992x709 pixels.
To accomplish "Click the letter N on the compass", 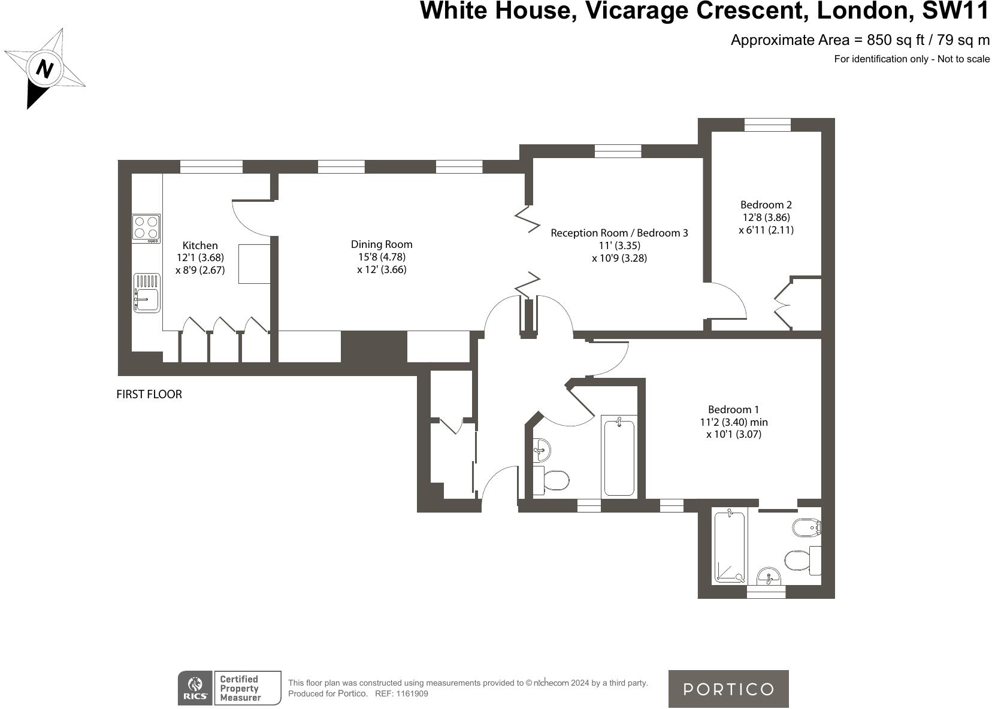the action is pos(44,69).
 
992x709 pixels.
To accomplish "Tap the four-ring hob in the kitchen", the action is pos(146,228).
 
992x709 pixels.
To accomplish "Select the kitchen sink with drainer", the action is pos(147,293).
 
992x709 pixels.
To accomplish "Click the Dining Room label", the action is pos(382,244).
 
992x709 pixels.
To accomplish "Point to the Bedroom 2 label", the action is pos(766,205).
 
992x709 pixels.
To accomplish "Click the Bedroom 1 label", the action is pos(733,410).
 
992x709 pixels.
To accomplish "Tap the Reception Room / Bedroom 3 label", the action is pos(619,233).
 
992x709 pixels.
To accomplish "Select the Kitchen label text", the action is pos(200,246).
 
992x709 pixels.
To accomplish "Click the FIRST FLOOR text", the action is pos(149,395).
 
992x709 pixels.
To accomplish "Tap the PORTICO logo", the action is pos(728,689).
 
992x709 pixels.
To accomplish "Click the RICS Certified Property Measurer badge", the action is pos(229,688).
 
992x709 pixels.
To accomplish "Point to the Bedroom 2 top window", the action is pos(767,125).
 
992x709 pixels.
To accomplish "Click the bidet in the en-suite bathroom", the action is pos(806,528).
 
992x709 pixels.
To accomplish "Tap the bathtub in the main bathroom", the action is pos(619,457).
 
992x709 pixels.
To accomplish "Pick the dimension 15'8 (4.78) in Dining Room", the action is pos(382,257).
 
